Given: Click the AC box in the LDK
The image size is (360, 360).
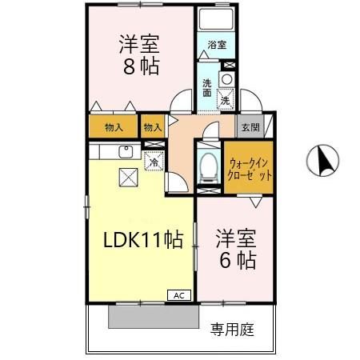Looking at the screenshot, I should (178, 294).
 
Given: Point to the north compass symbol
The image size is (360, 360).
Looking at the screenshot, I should (323, 161).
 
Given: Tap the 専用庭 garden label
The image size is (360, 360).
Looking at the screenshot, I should (233, 329).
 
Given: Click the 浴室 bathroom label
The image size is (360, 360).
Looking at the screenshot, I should (217, 45).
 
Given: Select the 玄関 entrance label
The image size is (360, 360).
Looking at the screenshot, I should (249, 126).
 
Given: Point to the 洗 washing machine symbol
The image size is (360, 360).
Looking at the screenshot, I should (226, 101).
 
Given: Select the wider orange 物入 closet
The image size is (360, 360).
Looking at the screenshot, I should (113, 126).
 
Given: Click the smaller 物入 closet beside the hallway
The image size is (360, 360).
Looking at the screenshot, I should (152, 126).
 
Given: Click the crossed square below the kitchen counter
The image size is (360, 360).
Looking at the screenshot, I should (128, 178).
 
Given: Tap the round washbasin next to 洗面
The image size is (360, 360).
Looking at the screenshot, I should (226, 78).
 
